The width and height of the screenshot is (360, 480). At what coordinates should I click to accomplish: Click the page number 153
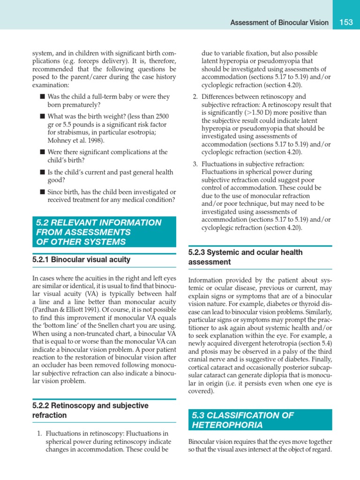pos(346,22)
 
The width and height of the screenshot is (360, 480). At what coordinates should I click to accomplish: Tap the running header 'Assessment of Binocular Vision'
pos(279,22)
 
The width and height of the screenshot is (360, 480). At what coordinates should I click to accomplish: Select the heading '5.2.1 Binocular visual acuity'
pos(81,259)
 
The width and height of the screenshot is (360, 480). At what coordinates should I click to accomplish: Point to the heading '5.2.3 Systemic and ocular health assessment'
pos(245,257)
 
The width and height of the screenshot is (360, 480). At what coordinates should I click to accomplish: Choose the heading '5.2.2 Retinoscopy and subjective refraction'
pos(90,410)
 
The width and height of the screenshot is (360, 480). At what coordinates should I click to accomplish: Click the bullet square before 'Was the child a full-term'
pos(42,97)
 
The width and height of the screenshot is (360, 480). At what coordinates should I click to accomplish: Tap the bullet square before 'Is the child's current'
pos(42,172)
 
